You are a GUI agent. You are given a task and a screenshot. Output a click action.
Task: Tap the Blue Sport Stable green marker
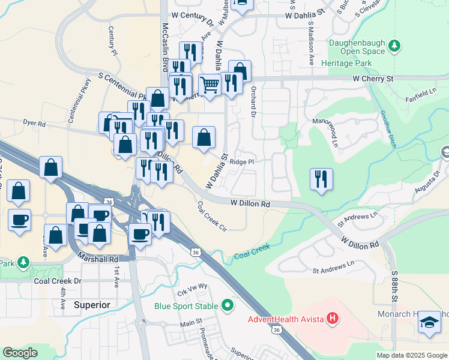[x=228, y=306]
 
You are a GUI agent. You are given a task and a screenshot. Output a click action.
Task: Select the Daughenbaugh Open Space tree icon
[x=394, y=46]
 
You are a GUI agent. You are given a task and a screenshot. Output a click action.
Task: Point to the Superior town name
[x=92, y=305]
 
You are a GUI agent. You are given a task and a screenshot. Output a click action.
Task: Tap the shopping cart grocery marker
[x=209, y=85]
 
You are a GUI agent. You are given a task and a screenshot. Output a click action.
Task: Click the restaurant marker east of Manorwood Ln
[x=321, y=179]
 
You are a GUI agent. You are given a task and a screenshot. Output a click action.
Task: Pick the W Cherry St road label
[x=373, y=79]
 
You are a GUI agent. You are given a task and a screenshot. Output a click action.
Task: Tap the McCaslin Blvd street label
[x=164, y=47]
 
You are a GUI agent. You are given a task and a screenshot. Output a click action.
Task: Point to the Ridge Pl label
[x=243, y=162]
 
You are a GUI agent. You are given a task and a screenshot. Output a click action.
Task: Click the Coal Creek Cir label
[x=212, y=215]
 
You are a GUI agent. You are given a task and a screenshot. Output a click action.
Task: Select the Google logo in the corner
[x=20, y=353]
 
